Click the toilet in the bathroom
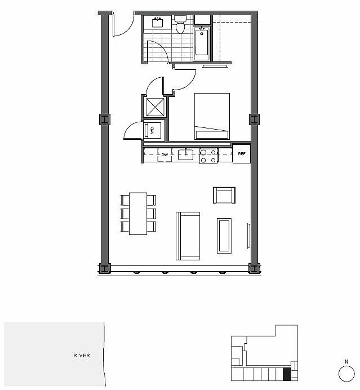180,24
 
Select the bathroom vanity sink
157,23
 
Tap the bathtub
202,44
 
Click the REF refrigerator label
242,154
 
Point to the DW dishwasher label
165,155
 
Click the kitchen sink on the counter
185,154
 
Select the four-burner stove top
208,156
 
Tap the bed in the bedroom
212,116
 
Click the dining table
138,214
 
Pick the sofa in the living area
188,236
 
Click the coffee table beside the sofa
224,236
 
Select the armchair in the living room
224,195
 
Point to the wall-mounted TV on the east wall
248,236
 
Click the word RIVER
82,356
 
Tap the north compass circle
346,374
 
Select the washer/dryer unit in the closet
152,130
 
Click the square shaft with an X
155,107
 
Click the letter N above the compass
346,362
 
